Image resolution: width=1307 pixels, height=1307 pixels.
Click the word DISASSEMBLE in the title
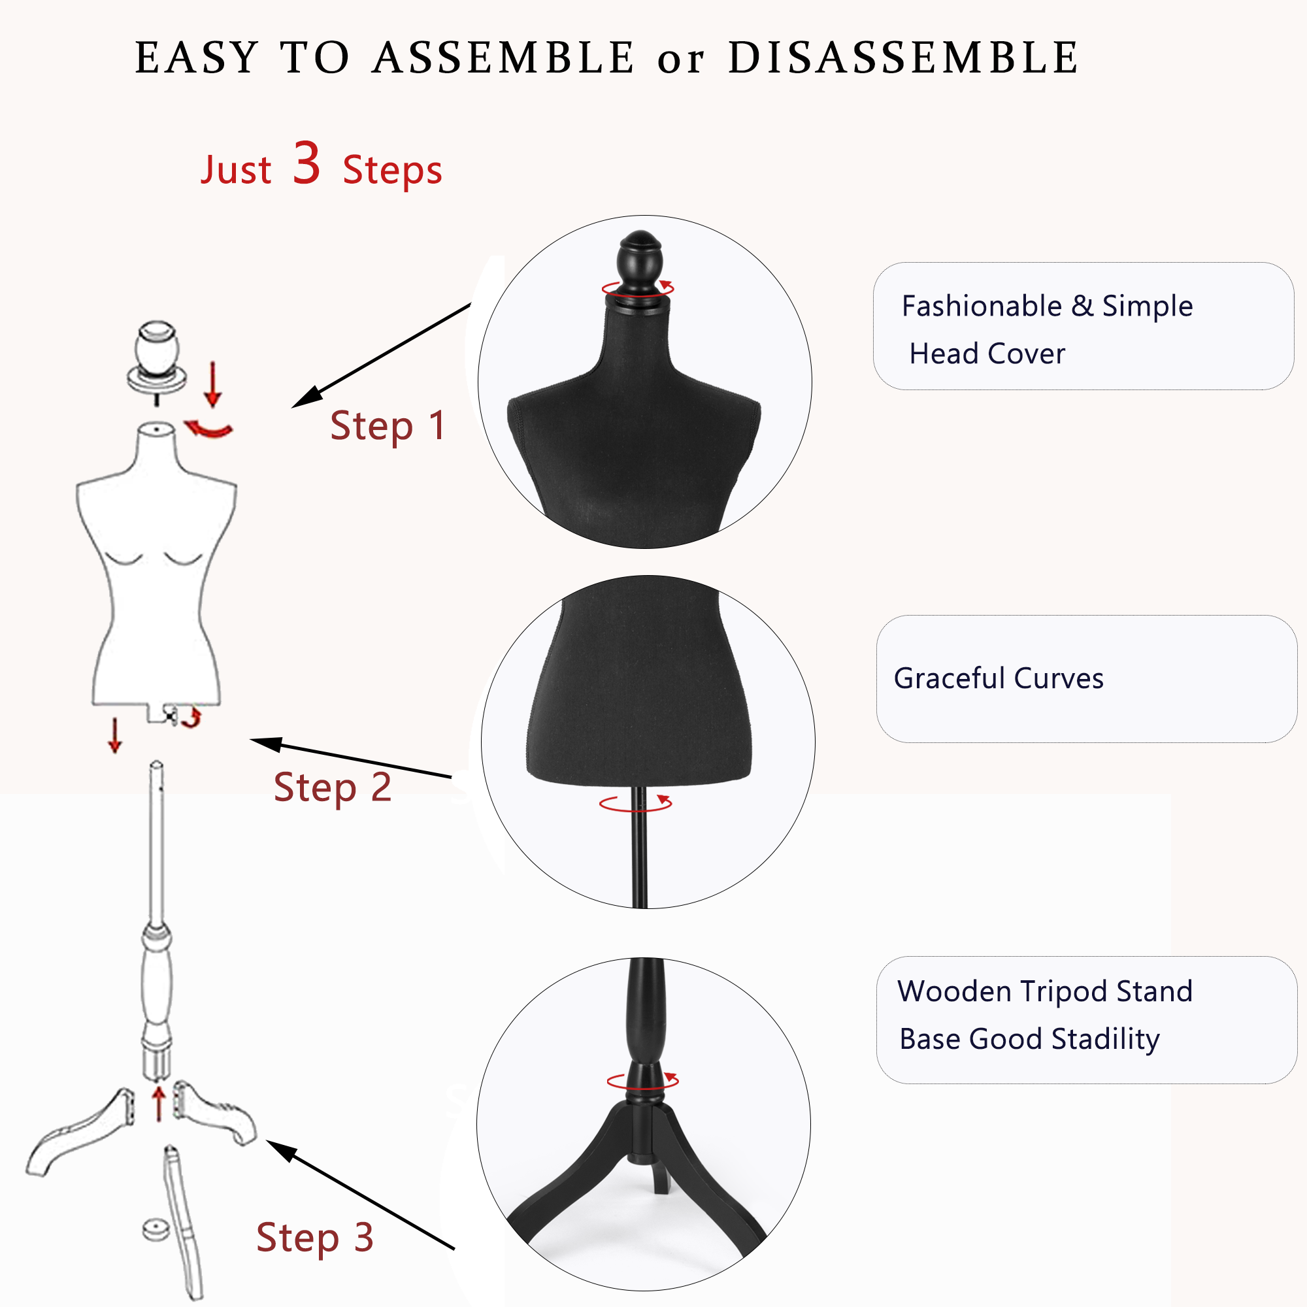[903, 58]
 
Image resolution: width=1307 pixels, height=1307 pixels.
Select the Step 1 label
[388, 426]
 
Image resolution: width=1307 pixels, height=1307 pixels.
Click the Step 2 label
[332, 787]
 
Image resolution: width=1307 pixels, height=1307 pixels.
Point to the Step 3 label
[314, 1236]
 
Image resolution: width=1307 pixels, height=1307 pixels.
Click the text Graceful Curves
[998, 678]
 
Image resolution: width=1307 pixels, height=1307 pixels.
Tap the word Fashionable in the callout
[982, 306]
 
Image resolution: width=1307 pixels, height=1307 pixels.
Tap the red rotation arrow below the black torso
[636, 803]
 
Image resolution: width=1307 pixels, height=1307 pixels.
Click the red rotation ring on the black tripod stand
[642, 1080]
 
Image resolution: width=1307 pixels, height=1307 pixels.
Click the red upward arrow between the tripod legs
[158, 1102]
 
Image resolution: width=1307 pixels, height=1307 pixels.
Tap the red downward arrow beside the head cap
[213, 384]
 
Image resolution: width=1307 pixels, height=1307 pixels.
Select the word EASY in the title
[197, 58]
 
